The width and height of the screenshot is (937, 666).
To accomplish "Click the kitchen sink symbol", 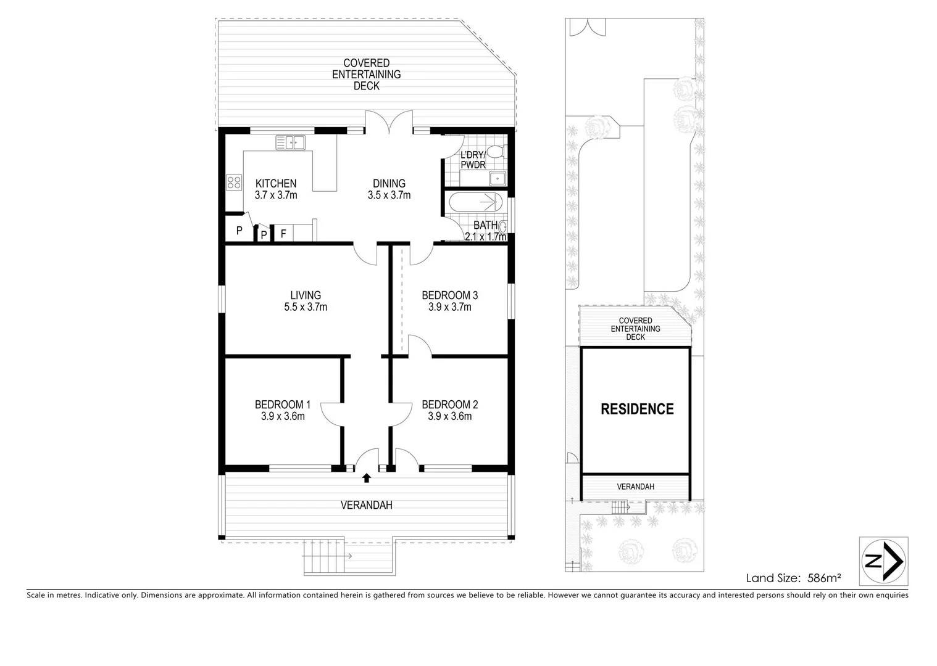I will tap(290, 143).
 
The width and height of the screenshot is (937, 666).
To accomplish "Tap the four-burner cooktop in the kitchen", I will tap(234, 182).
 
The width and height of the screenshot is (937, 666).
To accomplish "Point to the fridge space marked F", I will tap(283, 234).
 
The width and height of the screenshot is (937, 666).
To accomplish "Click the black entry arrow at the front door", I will tap(367, 477).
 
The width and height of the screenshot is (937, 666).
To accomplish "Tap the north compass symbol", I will tap(883, 561).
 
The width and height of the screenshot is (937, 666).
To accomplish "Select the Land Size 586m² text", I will tap(794, 578).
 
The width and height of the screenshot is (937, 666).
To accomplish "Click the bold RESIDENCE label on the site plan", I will tap(637, 409).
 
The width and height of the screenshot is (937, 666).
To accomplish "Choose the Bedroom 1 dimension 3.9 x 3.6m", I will tap(283, 416).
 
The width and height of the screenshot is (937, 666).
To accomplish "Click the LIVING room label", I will tap(306, 295).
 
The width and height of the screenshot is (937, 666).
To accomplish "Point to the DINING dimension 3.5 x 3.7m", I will tap(389, 195).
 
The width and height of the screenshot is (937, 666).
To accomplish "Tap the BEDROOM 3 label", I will tap(449, 295).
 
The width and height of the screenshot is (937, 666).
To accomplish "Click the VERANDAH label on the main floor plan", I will tap(367, 505).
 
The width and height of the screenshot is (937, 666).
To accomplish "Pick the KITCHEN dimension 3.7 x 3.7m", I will tap(276, 195).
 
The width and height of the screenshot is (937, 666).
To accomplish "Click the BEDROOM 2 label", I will tap(449, 405).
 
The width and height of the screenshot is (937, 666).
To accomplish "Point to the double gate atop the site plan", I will tap(583, 27).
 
